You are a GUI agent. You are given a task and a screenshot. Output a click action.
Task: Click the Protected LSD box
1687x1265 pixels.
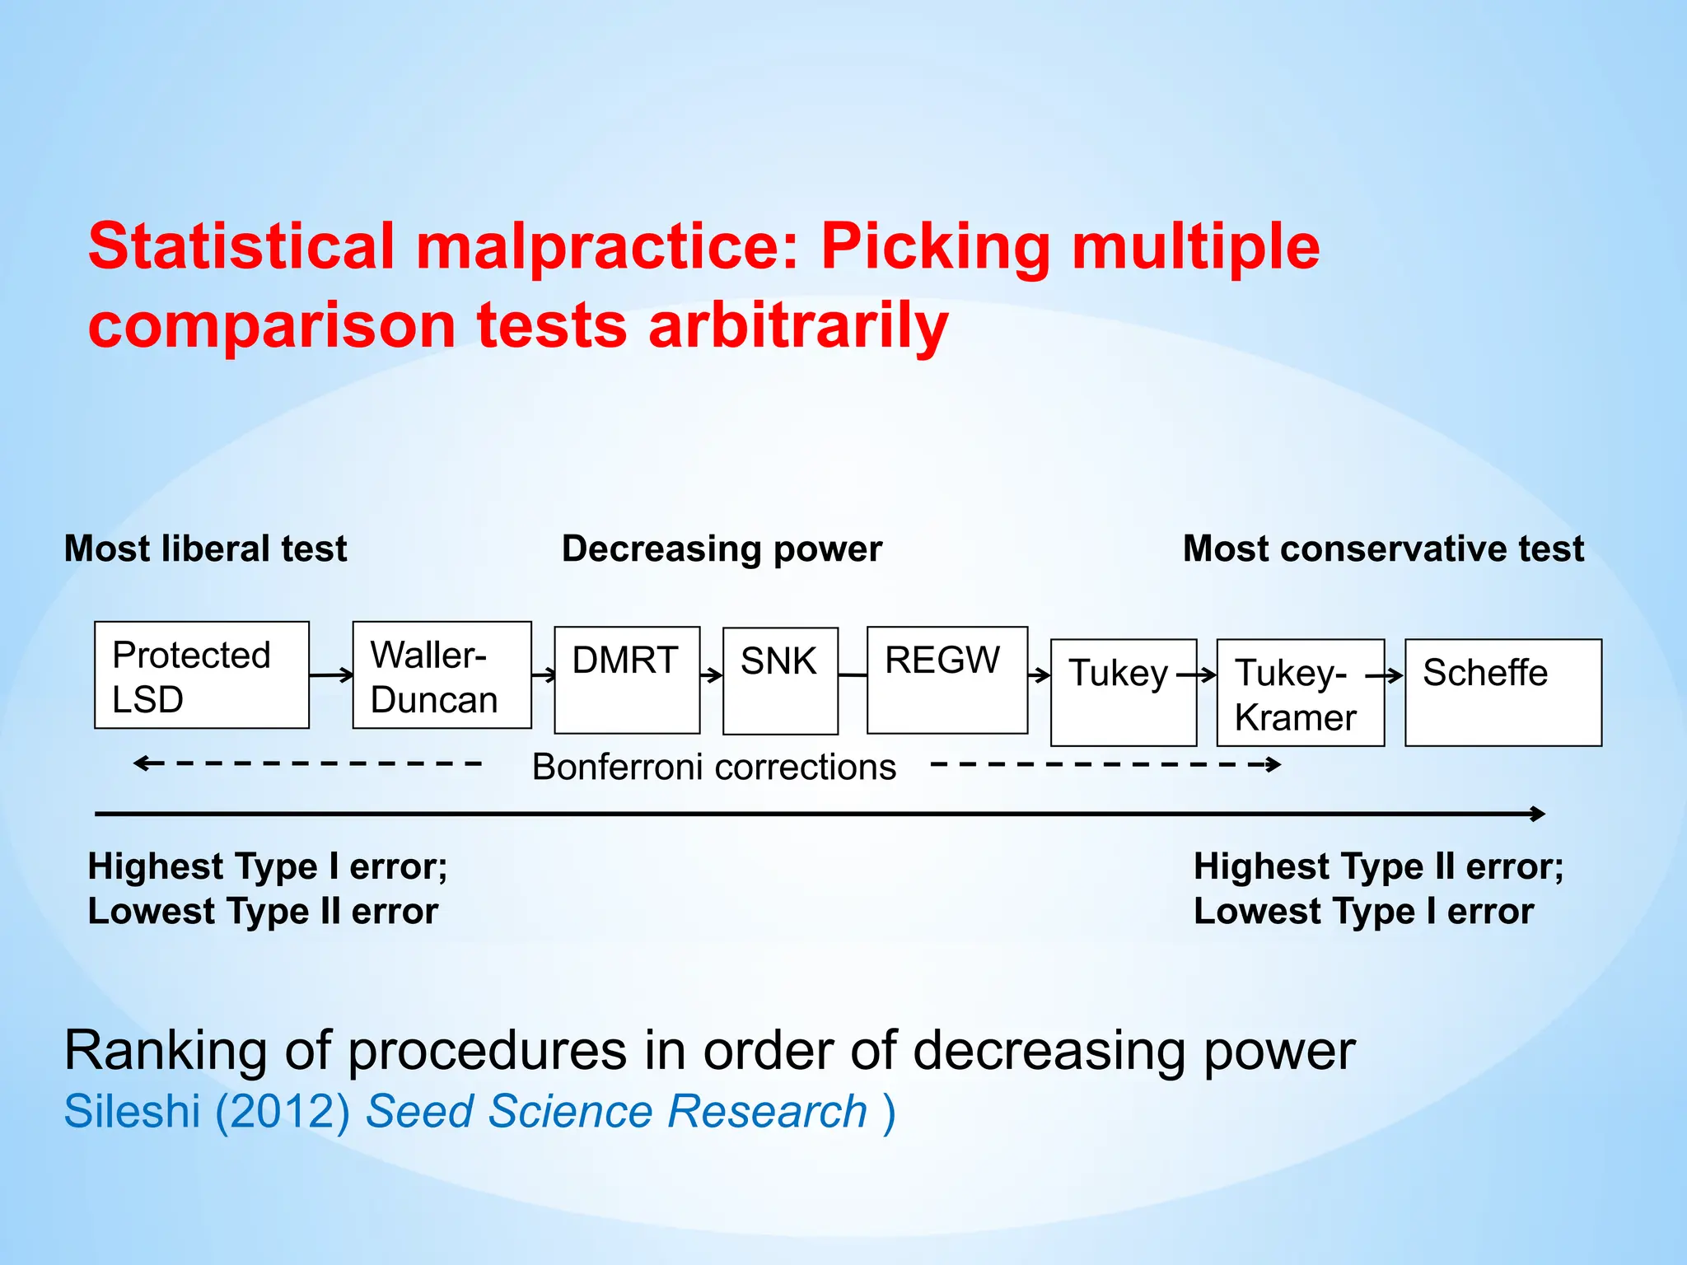tap(202, 675)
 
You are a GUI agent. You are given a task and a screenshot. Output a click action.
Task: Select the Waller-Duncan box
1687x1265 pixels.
tap(442, 675)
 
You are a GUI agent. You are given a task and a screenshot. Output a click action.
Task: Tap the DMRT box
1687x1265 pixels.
tap(627, 680)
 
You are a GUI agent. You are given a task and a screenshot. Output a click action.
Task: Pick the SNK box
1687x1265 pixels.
tap(780, 681)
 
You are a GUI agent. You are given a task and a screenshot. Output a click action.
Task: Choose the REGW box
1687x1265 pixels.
tap(947, 680)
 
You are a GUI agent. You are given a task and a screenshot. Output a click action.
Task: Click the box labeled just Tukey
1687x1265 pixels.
tap(1124, 693)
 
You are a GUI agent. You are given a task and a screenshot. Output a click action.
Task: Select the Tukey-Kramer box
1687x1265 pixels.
tap(1300, 693)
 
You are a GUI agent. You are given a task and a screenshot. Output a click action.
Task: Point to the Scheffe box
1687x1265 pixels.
tap(1503, 693)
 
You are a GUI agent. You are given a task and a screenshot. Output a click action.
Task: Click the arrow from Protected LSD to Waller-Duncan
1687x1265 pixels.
tap(331, 676)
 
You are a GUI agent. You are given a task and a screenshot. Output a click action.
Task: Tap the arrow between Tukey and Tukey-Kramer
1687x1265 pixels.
tap(1197, 675)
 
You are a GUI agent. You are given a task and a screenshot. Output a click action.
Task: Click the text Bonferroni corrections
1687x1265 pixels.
tap(713, 767)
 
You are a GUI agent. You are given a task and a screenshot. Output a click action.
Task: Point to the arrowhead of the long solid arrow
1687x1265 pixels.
tap(1537, 814)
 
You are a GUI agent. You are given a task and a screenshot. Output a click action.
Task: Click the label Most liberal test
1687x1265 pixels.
tap(205, 548)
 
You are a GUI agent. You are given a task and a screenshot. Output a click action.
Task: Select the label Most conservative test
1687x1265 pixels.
tap(1383, 548)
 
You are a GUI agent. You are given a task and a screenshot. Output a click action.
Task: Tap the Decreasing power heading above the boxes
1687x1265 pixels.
tap(722, 548)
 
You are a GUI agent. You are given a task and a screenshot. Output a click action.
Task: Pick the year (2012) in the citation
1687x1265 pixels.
tap(283, 1111)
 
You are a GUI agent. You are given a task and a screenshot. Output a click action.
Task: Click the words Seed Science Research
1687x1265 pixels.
tap(616, 1111)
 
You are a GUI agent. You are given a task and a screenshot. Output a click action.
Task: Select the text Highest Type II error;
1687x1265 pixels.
tap(1378, 866)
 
